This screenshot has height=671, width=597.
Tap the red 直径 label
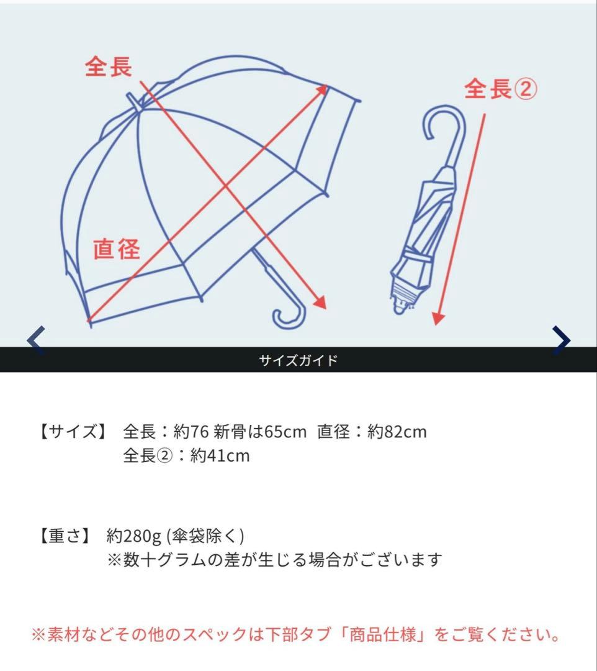(x=117, y=249)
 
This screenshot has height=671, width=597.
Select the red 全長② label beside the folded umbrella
(x=501, y=90)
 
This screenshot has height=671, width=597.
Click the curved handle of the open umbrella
(x=289, y=314)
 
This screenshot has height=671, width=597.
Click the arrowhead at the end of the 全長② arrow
(x=438, y=318)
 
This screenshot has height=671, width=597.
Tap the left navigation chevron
(x=36, y=340)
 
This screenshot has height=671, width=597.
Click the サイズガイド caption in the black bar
(x=298, y=360)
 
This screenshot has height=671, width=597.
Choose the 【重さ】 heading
(x=64, y=536)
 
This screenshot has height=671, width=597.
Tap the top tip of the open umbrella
(x=132, y=98)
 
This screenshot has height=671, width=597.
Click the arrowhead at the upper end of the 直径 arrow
(x=323, y=88)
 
